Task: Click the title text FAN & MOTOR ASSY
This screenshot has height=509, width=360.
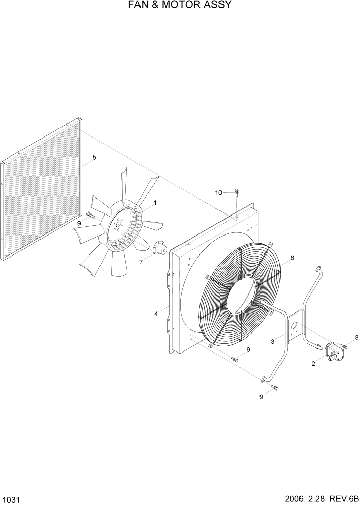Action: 179,6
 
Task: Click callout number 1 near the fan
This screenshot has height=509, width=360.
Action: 155,203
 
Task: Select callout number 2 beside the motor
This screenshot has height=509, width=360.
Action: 313,363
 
